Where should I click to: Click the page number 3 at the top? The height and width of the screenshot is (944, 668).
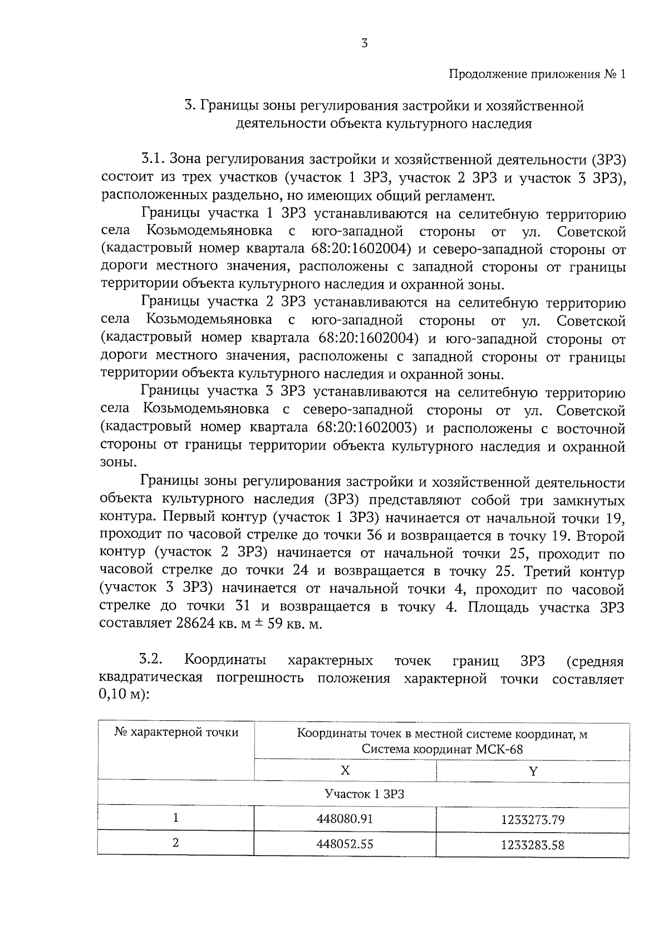click(364, 44)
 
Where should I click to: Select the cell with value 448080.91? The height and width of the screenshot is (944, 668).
click(345, 819)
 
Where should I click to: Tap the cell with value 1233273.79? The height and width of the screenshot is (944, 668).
click(532, 819)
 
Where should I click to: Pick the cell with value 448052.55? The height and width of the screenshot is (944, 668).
click(345, 844)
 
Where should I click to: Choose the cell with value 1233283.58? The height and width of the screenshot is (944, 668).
click(532, 845)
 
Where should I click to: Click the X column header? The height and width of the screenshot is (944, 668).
click(345, 770)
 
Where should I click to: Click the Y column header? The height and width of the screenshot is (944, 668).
click(533, 771)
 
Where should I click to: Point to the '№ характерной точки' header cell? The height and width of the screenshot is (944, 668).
click(176, 733)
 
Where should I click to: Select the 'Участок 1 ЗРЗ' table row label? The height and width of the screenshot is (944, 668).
click(364, 794)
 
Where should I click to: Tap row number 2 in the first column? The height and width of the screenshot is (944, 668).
click(176, 843)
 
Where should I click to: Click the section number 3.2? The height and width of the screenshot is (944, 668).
click(151, 660)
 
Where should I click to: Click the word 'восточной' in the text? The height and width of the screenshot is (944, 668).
click(591, 429)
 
